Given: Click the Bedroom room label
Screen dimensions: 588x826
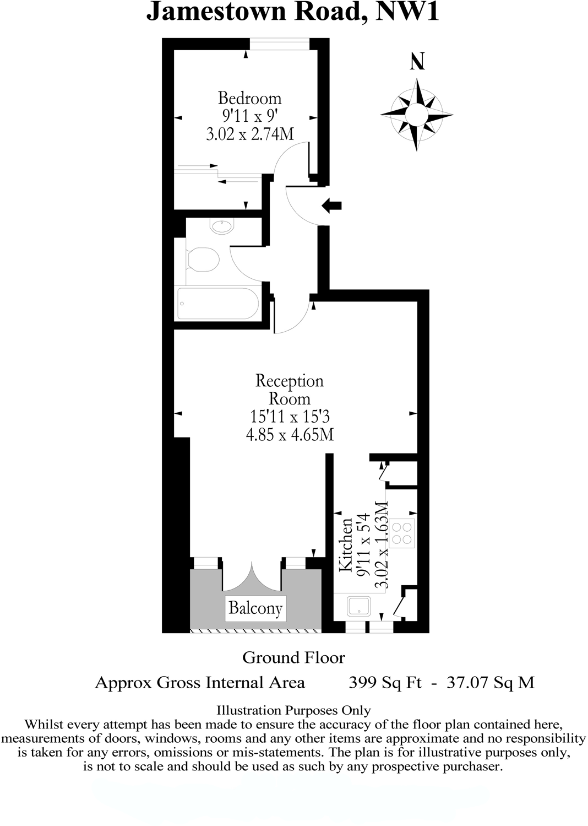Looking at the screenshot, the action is click(249, 98).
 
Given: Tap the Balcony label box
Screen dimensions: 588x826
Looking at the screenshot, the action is click(255, 608).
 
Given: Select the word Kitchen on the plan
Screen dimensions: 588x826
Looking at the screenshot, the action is click(346, 544).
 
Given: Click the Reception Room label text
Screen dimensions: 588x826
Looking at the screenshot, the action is click(289, 390).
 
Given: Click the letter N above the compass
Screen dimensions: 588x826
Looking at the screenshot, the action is click(417, 61).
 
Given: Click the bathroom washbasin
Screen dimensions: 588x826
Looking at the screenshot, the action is click(223, 225).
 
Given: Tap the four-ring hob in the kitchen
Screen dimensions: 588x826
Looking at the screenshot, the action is click(405, 532).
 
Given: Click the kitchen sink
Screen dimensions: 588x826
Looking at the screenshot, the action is click(359, 606).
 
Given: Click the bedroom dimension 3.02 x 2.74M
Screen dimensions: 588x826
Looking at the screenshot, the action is click(249, 133).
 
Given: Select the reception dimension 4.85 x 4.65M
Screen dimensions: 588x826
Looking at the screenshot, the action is click(290, 434).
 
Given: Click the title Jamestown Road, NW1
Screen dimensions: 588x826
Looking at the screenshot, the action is click(292, 12).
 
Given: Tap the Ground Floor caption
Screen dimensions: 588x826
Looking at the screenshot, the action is click(293, 657).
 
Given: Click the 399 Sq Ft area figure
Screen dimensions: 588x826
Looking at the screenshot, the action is click(385, 683).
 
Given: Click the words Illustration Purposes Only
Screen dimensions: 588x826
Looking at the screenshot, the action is click(293, 711).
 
